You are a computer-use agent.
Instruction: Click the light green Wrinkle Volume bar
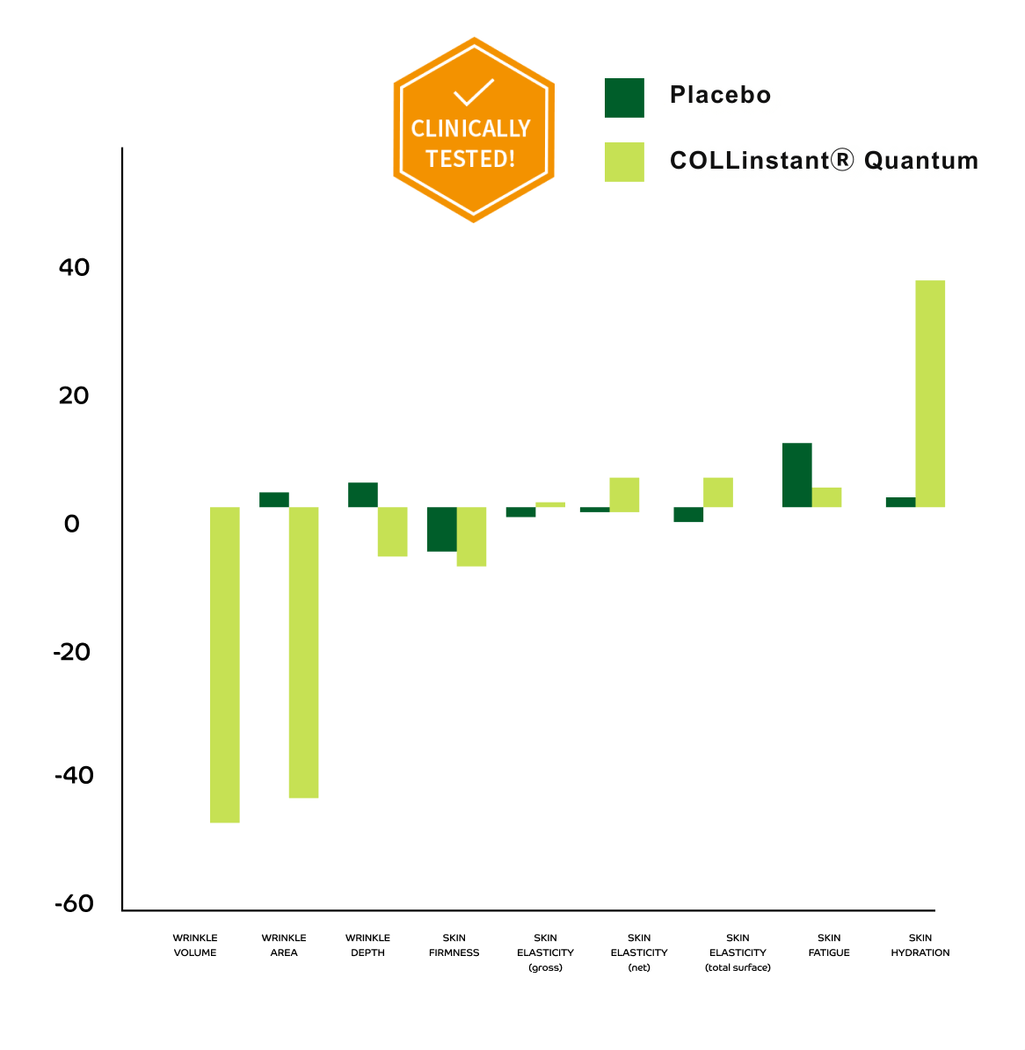224,664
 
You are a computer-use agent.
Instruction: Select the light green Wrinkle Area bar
303,652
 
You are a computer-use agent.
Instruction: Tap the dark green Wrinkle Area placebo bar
274,499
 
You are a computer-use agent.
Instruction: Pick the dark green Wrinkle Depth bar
363,495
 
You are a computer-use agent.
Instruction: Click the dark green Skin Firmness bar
442,529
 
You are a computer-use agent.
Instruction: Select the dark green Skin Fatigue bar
796,474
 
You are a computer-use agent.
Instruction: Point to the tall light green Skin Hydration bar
930,394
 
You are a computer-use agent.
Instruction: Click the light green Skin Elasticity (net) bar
624,494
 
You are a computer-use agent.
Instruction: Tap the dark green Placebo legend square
624,98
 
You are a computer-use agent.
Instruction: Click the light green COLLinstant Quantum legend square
624,162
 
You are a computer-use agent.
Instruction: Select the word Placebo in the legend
720,95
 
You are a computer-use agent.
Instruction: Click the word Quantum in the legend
921,161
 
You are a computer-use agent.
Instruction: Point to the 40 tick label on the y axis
75,267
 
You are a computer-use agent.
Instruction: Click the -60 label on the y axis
74,904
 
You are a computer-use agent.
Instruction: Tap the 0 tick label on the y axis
72,524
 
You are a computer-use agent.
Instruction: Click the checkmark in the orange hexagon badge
473,93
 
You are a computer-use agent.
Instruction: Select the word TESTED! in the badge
470,159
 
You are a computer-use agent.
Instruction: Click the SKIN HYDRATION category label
920,945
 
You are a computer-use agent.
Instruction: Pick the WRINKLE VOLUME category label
195,945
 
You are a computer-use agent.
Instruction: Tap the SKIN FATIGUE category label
829,945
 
